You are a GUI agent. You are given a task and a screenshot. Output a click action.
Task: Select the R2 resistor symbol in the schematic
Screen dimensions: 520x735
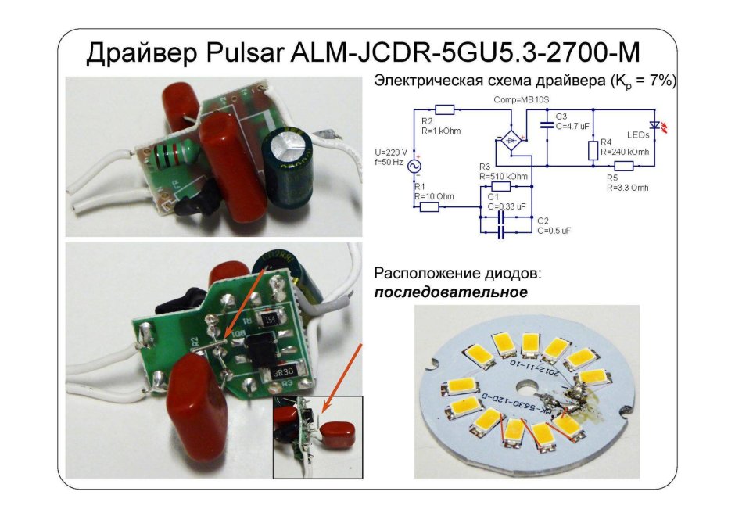[445, 110]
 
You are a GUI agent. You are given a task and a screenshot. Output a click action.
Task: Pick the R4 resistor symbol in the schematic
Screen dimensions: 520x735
[593, 150]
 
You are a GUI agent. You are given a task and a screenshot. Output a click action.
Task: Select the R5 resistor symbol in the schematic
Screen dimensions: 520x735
[623, 165]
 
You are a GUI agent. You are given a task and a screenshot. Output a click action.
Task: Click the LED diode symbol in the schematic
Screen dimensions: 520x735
[655, 125]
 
